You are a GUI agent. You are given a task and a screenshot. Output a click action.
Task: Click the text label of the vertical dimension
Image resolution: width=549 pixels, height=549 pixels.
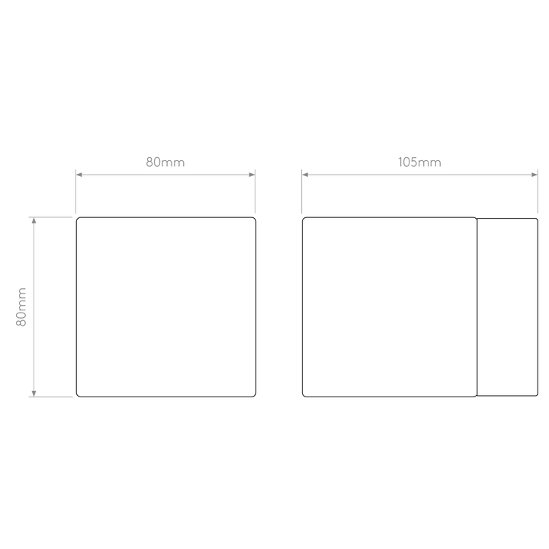pos(22,307)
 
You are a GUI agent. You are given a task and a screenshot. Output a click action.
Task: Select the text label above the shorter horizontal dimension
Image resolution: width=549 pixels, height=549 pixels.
pos(165,162)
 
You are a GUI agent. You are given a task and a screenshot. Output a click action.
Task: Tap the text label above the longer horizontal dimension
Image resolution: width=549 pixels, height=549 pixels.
pos(419,162)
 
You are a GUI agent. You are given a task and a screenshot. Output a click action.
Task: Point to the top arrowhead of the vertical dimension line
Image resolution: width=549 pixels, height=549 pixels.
pos(34,222)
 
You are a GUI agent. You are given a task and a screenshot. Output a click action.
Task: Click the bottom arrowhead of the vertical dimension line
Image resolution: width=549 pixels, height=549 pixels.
pos(34,393)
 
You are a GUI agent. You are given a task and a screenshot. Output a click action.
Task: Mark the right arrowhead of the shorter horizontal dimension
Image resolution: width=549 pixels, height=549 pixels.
pos(250,175)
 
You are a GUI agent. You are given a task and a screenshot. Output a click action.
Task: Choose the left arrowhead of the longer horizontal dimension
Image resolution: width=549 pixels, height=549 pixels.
pos(307,175)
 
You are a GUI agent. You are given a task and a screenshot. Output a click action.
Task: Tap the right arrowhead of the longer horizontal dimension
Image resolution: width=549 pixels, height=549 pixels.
pos(532,175)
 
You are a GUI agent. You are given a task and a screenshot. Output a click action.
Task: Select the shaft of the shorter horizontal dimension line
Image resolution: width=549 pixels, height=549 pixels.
pos(165,175)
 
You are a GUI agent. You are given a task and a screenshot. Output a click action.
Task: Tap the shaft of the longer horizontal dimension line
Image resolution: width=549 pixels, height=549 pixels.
pos(419,175)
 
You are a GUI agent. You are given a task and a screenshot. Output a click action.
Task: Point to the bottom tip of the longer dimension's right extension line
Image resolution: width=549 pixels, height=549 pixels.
pos(537,214)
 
